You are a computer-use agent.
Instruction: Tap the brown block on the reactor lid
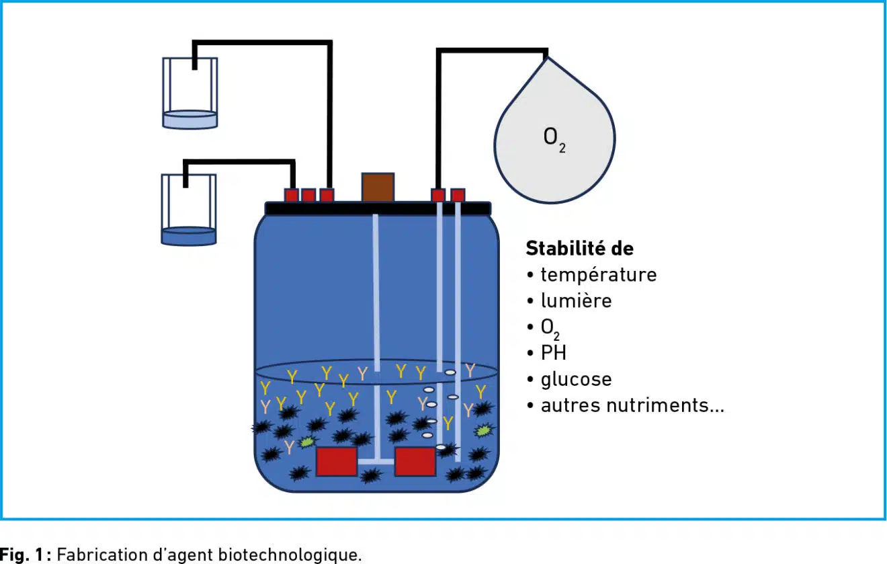378,188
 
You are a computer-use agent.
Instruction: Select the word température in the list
598,275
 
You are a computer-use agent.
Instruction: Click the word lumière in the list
576,300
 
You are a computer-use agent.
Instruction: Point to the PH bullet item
553,352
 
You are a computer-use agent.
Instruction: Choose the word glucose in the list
576,379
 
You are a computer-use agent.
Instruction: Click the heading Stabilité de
579,248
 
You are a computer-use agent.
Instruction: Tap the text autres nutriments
632,405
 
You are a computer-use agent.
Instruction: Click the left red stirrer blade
337,462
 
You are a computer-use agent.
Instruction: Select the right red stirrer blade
415,462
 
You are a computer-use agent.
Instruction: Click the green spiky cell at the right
482,430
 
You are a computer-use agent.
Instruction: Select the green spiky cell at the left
307,442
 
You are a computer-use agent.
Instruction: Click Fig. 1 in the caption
26,555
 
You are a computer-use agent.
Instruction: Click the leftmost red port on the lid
291,195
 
